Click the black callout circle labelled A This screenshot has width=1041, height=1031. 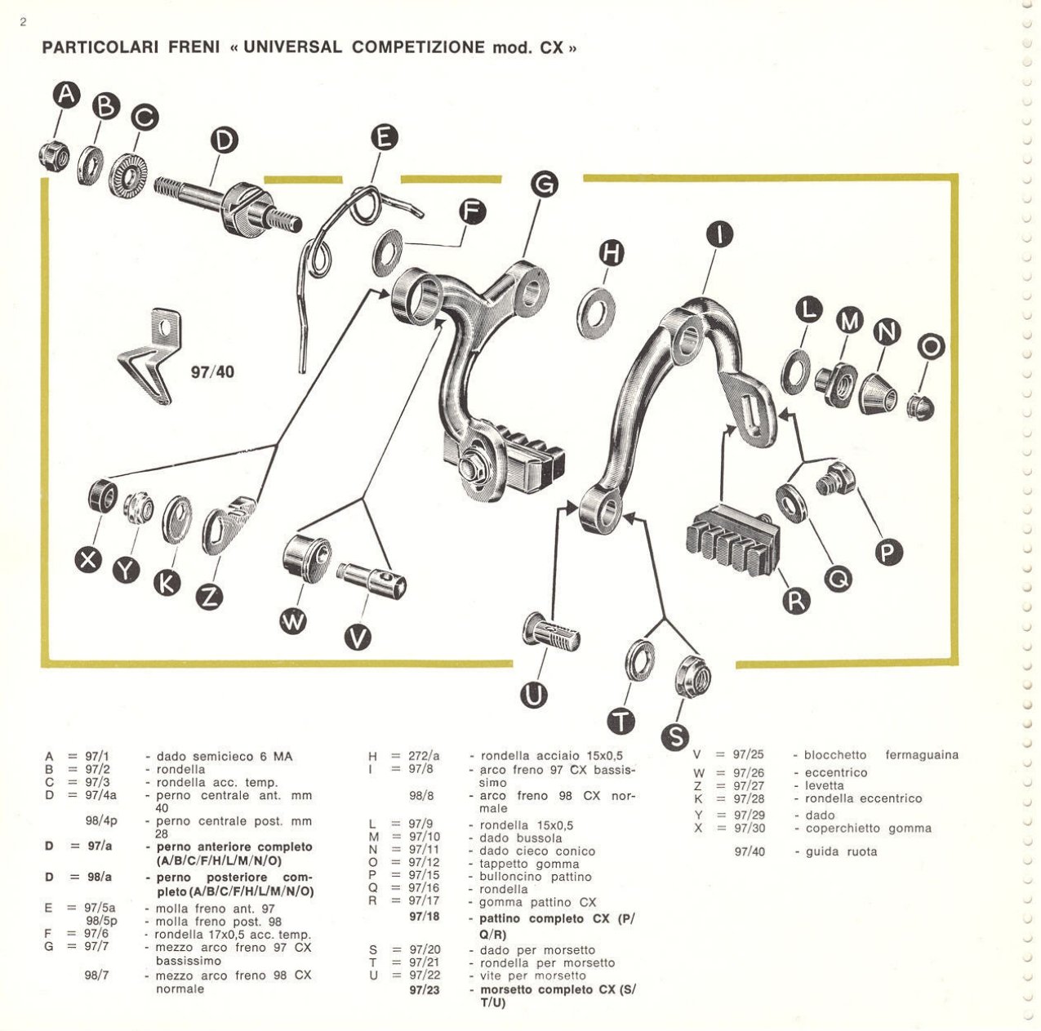(x=68, y=95)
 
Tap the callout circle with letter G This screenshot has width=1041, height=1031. (x=544, y=185)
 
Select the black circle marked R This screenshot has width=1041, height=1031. (x=796, y=601)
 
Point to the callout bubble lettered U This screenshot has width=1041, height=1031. (x=535, y=695)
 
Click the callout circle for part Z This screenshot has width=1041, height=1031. (x=210, y=597)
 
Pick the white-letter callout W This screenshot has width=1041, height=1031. (x=294, y=622)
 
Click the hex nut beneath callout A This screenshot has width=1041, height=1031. (x=55, y=155)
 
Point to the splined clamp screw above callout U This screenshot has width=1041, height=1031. (x=551, y=633)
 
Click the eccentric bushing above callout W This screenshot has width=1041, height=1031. (x=306, y=558)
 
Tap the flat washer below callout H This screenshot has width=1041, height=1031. (x=598, y=311)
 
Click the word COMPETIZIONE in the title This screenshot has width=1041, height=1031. (x=418, y=47)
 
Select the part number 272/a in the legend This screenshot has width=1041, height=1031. (x=424, y=756)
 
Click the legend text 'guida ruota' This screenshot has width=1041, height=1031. (x=841, y=851)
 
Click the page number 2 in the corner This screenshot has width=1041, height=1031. (x=23, y=22)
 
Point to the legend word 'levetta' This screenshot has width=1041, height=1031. (x=825, y=785)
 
